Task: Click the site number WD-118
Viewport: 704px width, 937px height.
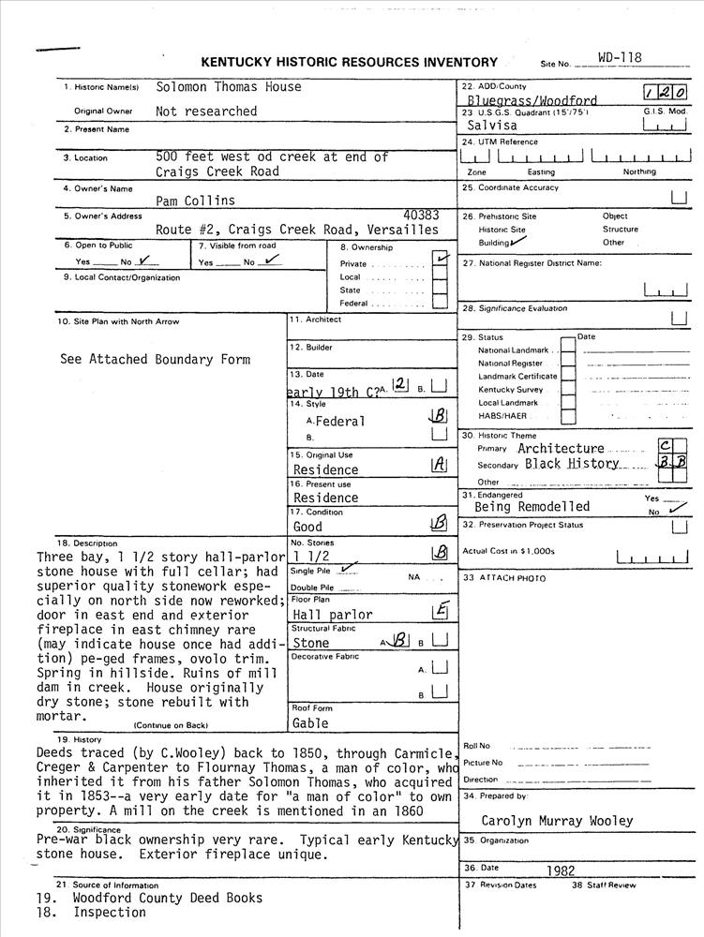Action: (x=620, y=58)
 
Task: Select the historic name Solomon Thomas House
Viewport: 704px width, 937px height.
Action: (x=229, y=87)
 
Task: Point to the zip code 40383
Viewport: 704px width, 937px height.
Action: (x=420, y=216)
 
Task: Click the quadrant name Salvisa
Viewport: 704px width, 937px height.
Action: (x=491, y=126)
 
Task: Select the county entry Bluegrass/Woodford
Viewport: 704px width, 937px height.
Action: (x=532, y=100)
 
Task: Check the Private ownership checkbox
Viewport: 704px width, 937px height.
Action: (x=439, y=261)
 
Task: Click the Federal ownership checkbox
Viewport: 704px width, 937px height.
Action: (x=439, y=304)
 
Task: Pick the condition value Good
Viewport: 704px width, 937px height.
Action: (x=307, y=527)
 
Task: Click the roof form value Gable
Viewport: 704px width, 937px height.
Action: (x=310, y=723)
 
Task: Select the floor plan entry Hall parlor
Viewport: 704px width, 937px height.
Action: (x=333, y=616)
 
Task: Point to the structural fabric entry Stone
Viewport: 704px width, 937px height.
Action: (x=311, y=644)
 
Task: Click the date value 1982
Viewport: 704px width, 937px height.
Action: (x=560, y=870)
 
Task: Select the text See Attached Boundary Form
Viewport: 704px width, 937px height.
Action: (x=155, y=359)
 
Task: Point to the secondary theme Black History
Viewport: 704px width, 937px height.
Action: (x=572, y=464)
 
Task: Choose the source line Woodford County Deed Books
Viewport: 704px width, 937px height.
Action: (x=168, y=898)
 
